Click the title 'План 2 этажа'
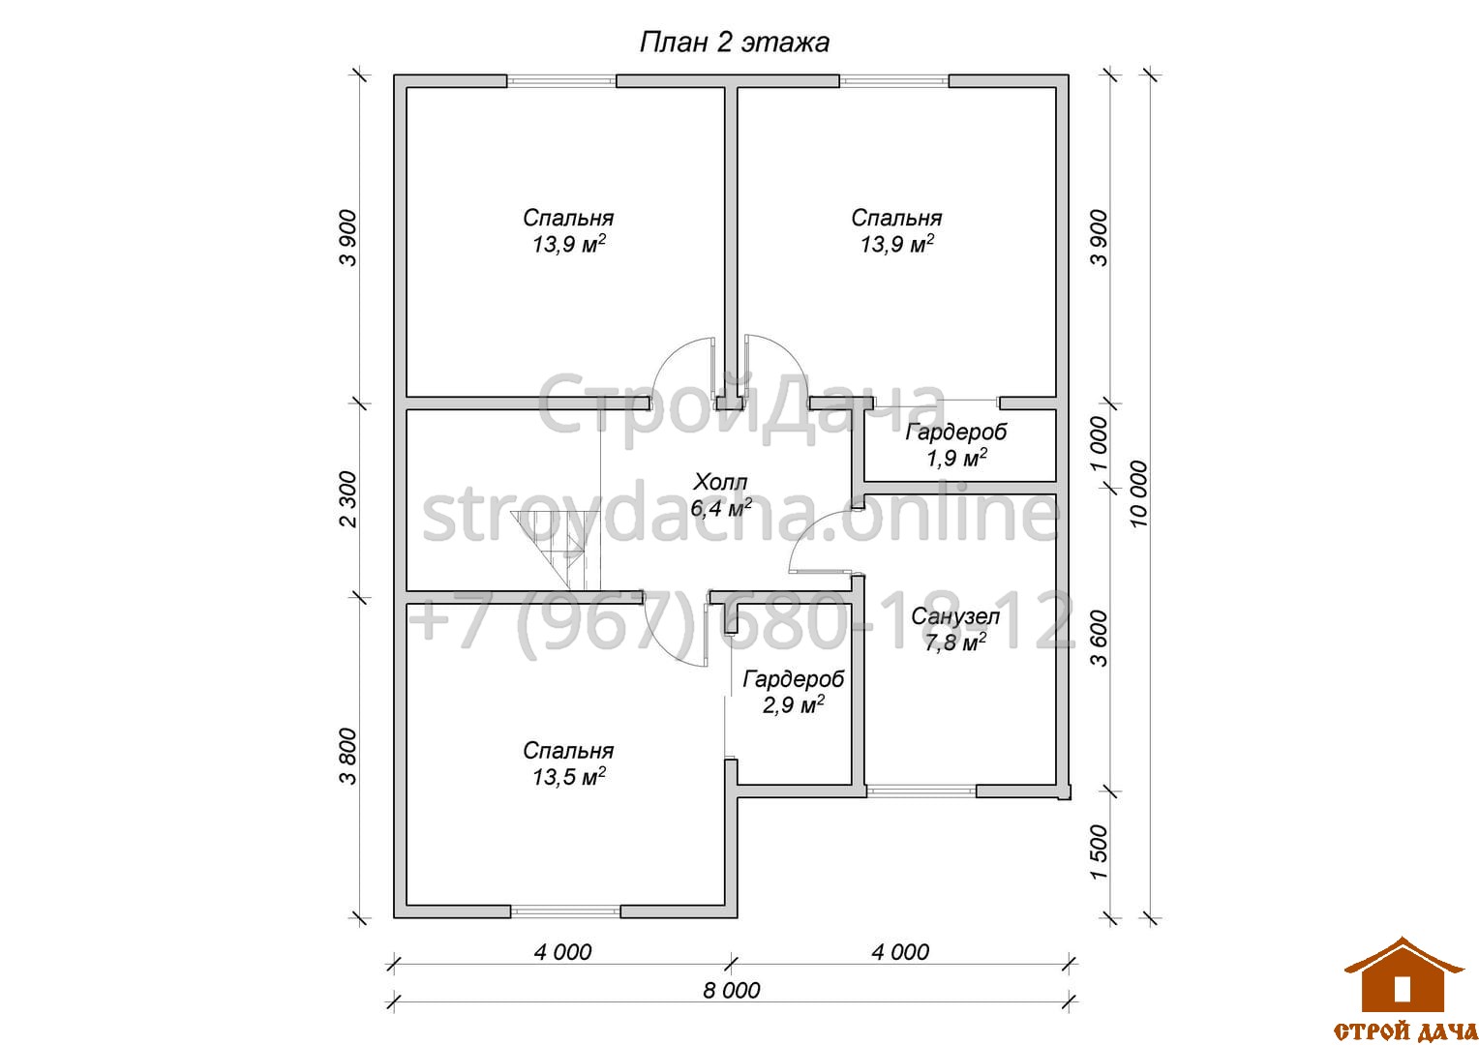735,43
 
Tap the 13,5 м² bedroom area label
568,763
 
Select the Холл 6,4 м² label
720,495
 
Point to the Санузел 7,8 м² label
954,629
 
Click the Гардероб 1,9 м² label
956,445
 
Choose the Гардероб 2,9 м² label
793,692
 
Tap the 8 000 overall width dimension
731,990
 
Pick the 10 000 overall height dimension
1139,493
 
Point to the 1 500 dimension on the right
1099,851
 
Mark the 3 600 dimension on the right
1099,638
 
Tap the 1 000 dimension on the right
1099,443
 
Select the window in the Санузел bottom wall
921,791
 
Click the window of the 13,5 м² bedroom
566,911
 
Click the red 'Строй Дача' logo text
1405,1031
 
